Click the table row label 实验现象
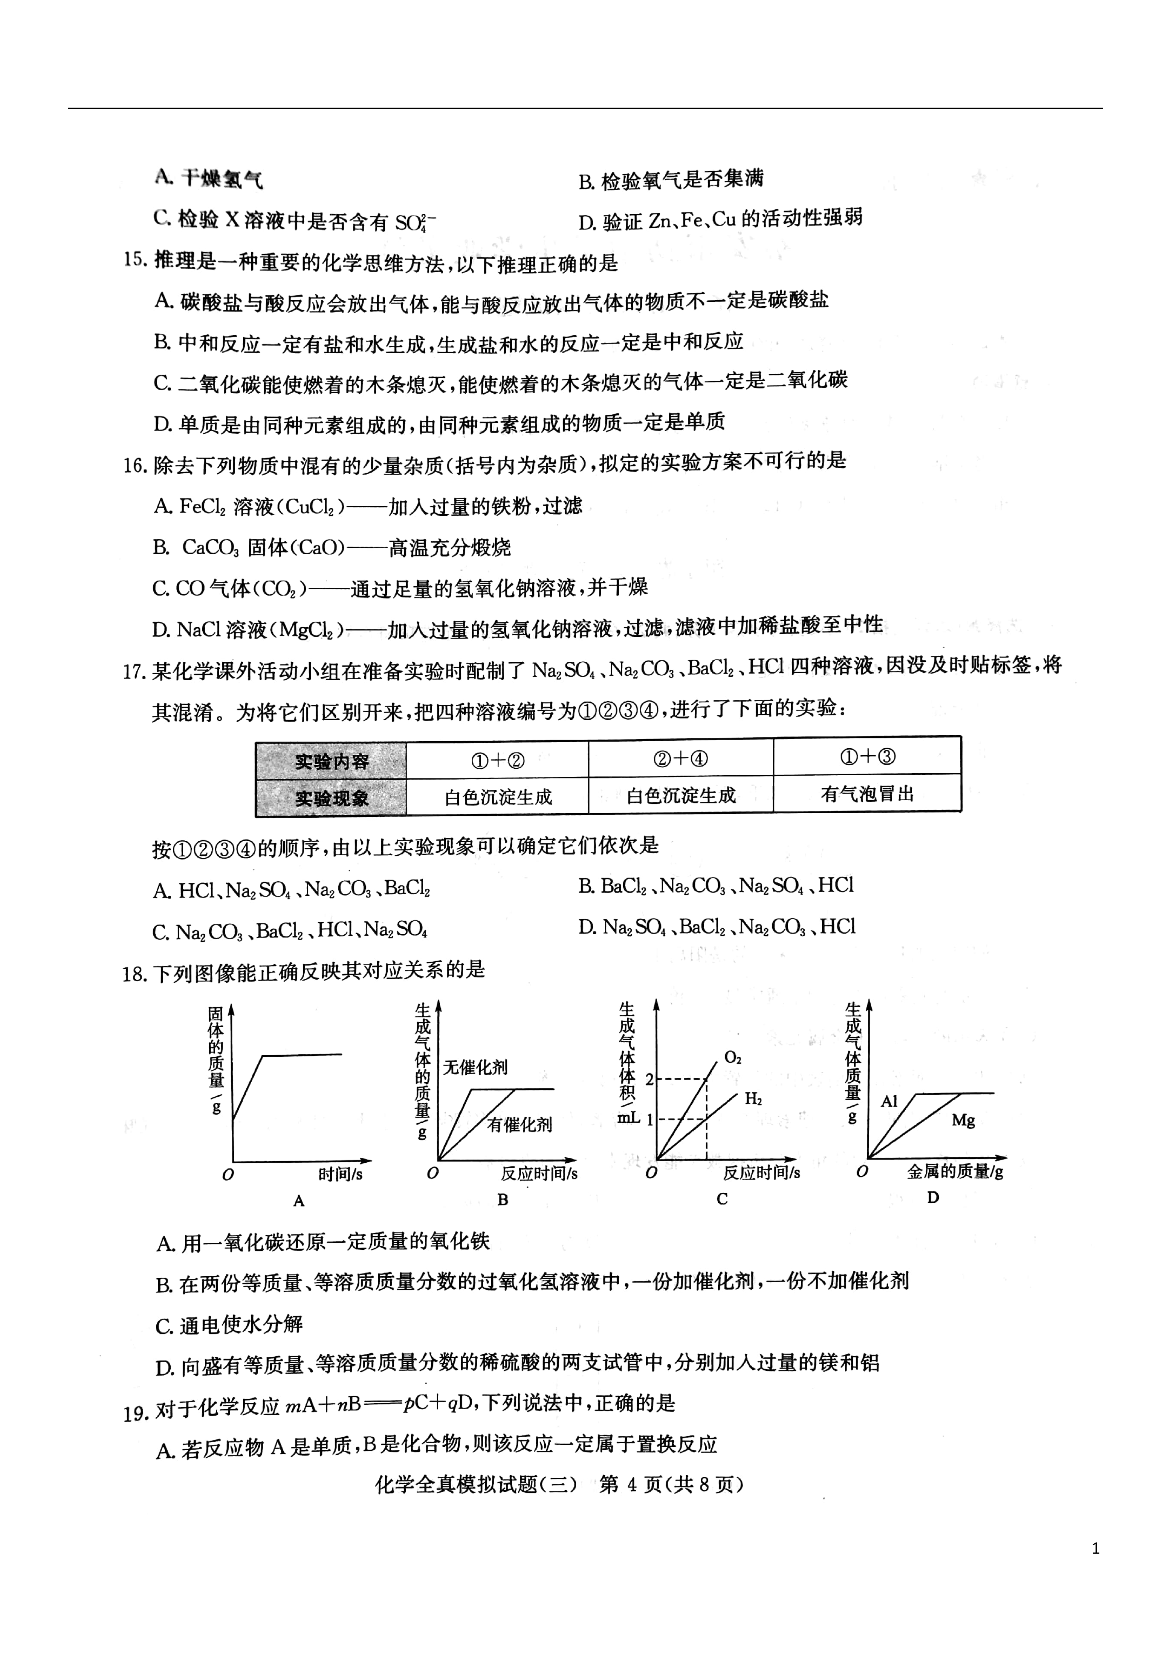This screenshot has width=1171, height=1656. click(331, 798)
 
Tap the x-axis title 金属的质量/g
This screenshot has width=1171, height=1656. click(955, 1172)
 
